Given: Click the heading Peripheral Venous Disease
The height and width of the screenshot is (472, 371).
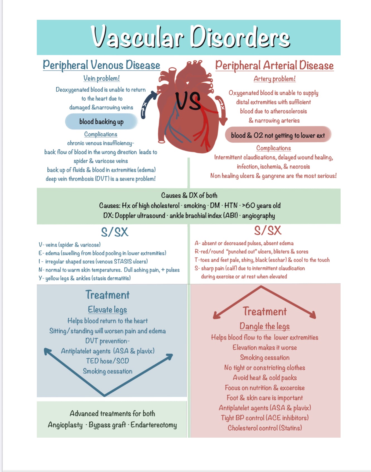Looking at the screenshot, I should (101, 65).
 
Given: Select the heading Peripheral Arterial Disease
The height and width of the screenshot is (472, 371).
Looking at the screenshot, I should (274, 66).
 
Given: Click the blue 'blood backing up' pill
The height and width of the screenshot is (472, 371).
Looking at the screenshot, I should (101, 122).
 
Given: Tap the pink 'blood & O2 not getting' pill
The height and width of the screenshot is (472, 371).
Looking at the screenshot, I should (278, 135).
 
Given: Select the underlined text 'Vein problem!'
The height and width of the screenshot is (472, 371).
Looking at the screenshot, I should (102, 78).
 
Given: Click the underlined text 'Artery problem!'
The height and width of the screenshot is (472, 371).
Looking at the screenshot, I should (274, 79).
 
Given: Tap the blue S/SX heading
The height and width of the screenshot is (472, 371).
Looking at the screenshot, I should (115, 232).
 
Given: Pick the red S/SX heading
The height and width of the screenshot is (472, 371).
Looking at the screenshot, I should (268, 231).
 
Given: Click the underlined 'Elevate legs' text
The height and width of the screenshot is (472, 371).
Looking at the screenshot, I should (107, 310).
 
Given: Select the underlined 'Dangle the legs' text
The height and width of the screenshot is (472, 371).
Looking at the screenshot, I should (264, 326).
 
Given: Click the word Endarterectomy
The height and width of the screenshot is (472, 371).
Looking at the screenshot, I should (154, 425).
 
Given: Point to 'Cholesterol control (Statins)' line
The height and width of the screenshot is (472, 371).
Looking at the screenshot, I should (265, 428).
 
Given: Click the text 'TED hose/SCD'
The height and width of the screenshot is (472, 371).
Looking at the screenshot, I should (107, 361).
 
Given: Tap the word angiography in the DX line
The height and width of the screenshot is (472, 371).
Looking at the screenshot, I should (258, 216).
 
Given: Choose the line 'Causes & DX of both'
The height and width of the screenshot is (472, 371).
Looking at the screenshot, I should (189, 195).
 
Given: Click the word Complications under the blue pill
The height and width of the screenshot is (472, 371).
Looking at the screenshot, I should (101, 134).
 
